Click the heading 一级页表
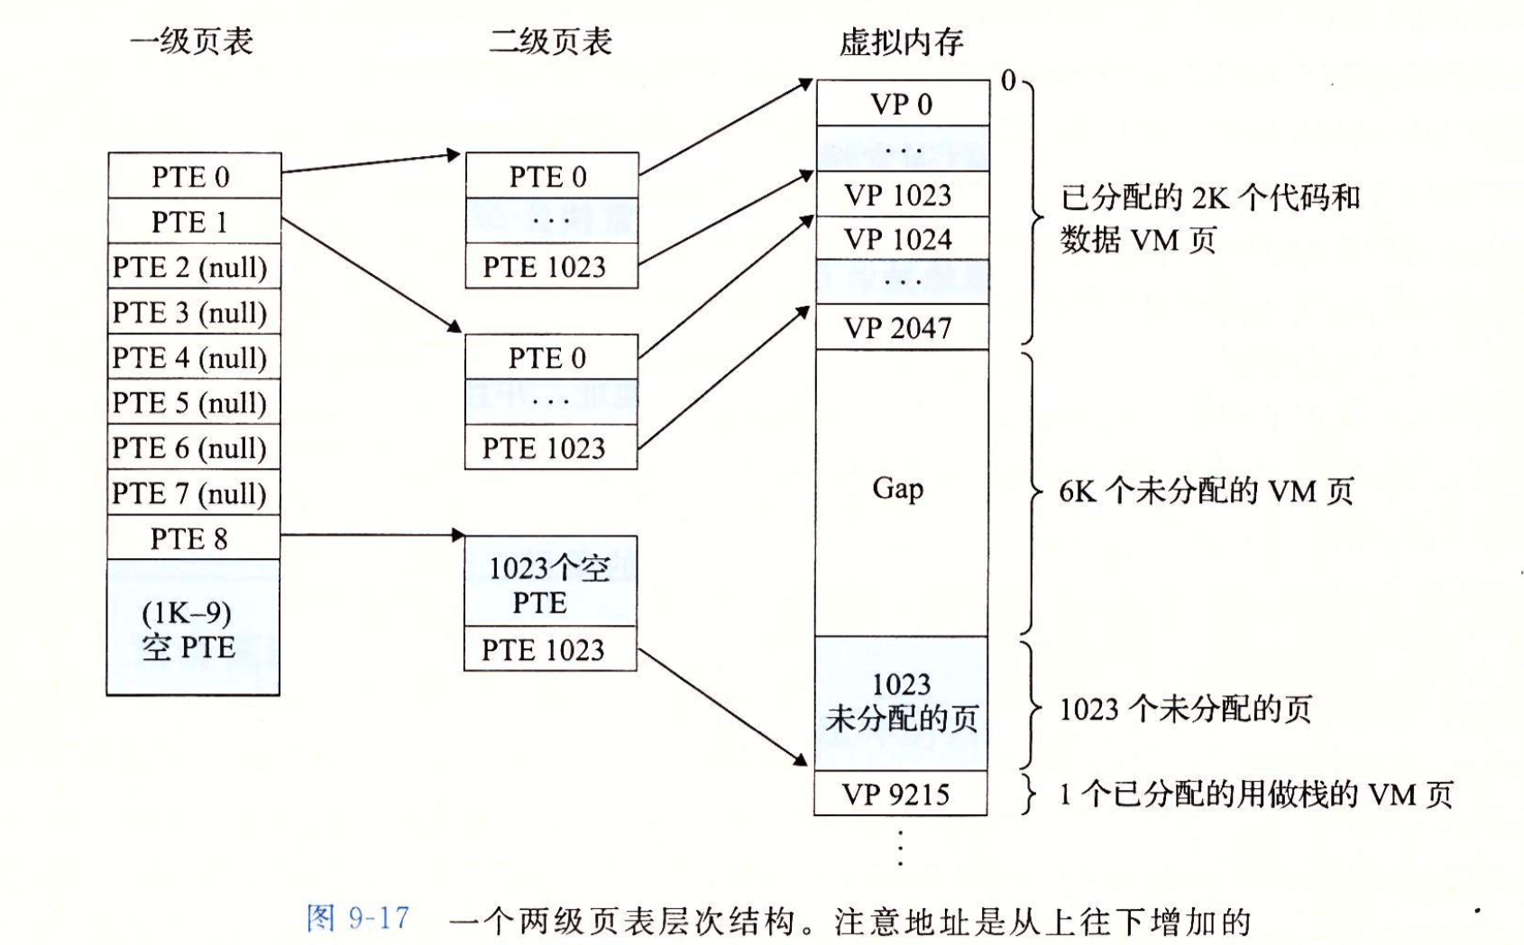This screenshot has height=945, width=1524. point(191,41)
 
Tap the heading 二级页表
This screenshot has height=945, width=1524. point(550,41)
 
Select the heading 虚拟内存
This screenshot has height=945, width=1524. point(902,42)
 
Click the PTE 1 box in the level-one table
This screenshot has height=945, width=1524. point(194,221)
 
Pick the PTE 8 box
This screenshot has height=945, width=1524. point(193,538)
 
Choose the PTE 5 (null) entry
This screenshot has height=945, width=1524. point(194,402)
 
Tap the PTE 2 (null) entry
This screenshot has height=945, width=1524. point(194,267)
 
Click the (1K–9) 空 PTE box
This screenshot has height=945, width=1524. point(193,628)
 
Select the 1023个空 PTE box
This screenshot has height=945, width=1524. point(550,582)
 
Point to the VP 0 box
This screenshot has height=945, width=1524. point(903,104)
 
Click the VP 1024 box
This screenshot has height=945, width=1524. point(902,239)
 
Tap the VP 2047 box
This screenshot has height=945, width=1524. point(902,327)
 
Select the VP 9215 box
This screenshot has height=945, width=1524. point(901,794)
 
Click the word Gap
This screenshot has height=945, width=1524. point(898,489)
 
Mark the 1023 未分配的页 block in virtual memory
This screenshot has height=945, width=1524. point(902,703)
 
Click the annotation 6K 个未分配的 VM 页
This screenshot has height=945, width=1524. point(1206,491)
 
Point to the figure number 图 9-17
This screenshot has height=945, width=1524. point(358,918)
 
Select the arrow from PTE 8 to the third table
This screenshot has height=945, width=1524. point(372,535)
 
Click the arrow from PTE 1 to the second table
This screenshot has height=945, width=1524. point(372,276)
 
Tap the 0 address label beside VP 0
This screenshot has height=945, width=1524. point(1008,81)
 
